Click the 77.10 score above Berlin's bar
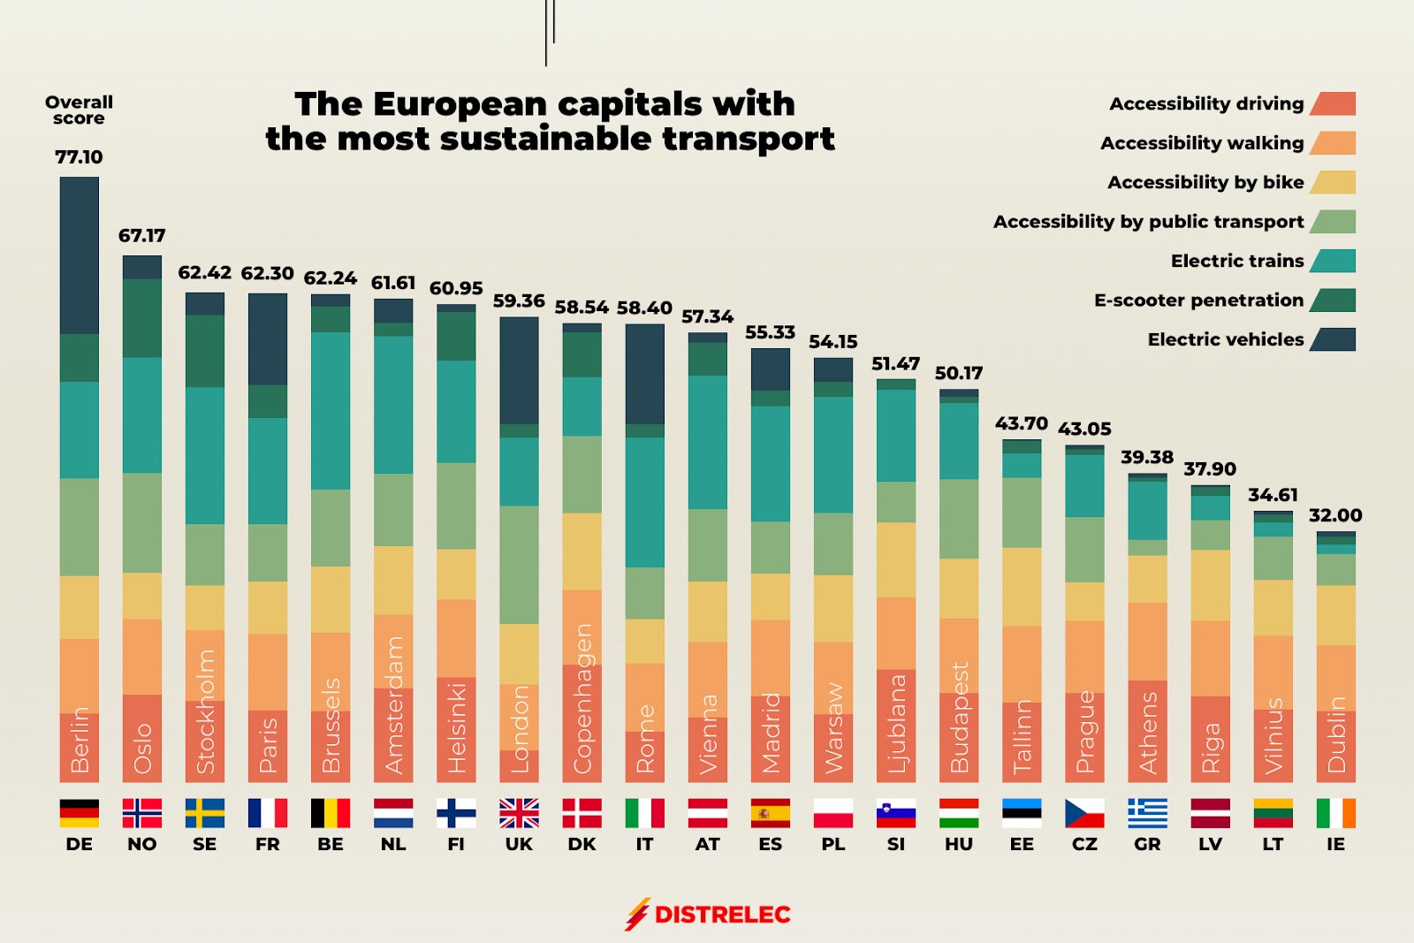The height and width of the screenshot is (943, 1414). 79,157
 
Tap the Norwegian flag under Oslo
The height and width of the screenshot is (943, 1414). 141,812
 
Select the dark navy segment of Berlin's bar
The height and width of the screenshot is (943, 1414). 79,255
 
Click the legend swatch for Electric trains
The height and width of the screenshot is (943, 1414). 1333,261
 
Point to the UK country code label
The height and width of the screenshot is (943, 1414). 519,844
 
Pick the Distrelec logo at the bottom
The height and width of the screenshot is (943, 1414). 708,914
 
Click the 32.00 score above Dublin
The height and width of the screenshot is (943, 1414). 1334,515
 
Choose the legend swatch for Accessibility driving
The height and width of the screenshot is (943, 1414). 1333,104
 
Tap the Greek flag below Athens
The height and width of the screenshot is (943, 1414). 1147,812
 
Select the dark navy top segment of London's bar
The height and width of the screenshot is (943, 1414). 519,370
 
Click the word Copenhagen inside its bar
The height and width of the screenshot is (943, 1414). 582,698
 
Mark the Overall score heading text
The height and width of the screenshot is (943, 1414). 79,110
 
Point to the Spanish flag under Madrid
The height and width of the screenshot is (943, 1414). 770,812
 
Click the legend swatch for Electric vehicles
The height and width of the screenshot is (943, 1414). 1333,339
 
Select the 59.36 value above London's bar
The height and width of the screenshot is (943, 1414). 519,301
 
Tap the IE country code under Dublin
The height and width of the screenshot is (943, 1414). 1335,844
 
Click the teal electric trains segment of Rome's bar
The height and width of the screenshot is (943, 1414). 644,502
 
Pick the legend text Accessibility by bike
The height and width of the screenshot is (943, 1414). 1205,182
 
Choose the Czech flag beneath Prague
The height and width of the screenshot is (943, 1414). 1084,812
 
